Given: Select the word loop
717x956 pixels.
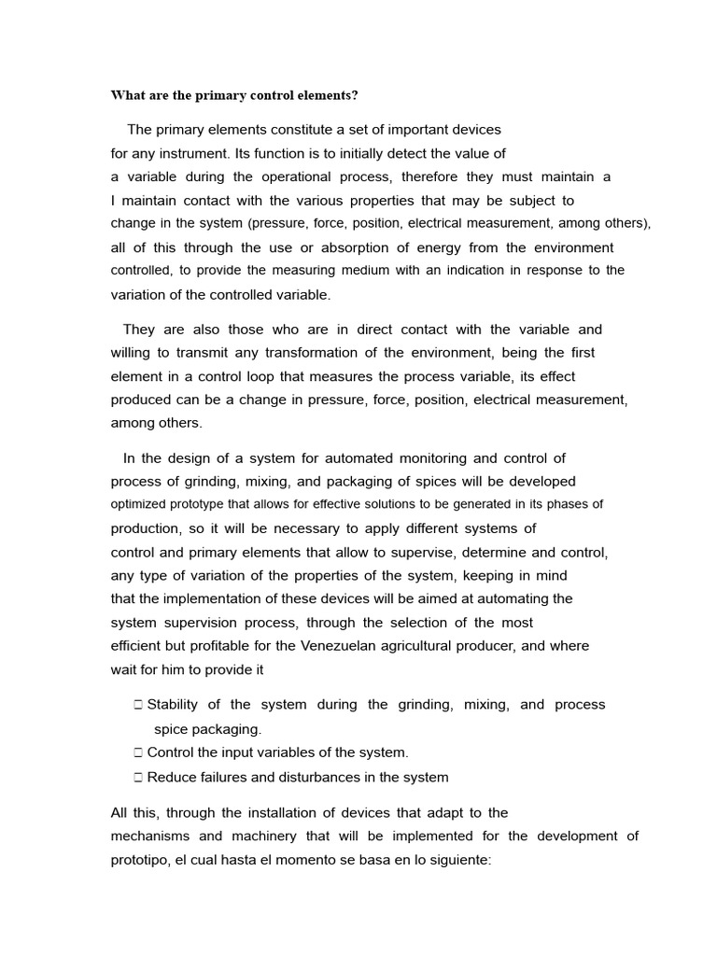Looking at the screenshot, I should click(288, 376).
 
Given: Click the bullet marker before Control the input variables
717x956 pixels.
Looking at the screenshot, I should click(137, 752).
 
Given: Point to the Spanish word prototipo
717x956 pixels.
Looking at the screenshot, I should click(140, 860).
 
